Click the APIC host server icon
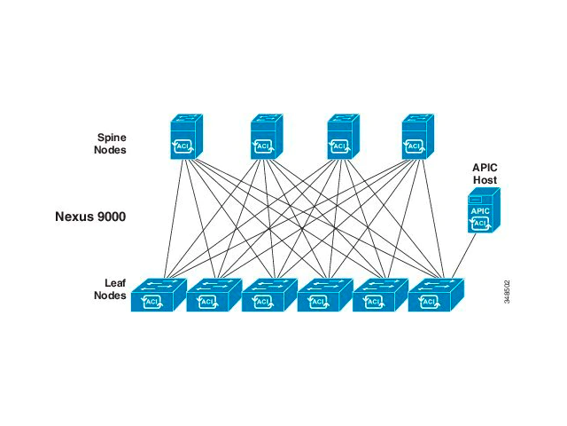[x=483, y=213]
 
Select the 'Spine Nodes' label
[x=112, y=144]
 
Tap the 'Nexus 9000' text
[x=89, y=216]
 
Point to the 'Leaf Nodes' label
[x=110, y=289]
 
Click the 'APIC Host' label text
[x=485, y=173]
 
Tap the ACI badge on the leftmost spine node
[x=183, y=146]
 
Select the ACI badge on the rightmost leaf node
[x=430, y=302]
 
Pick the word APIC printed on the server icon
[x=480, y=211]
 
